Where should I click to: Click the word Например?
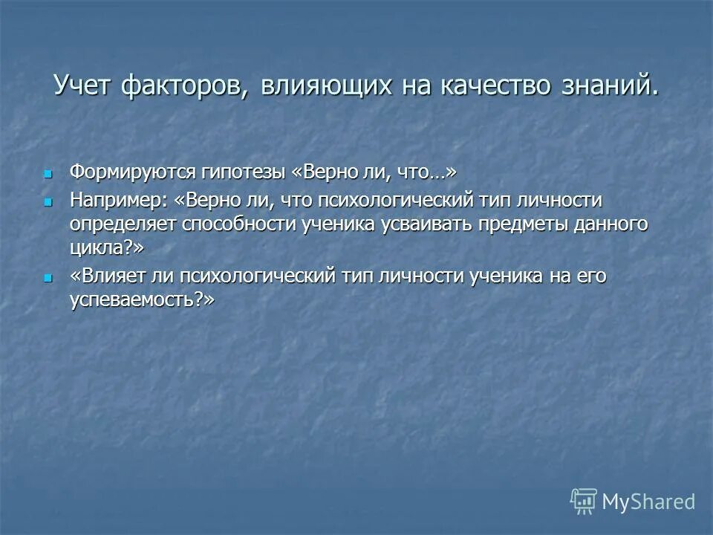tap(120, 201)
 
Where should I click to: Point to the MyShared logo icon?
tap(583, 501)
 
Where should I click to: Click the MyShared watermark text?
tap(648, 502)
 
